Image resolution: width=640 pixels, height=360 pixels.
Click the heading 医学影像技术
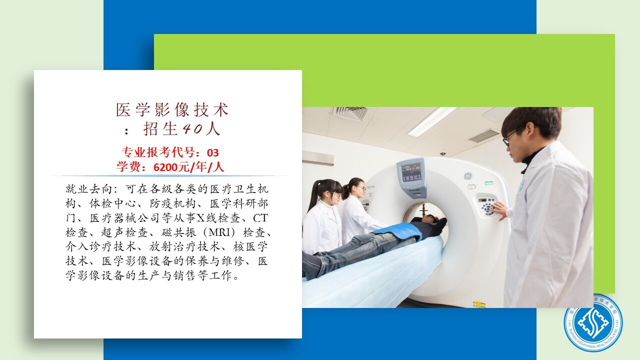point(172,110)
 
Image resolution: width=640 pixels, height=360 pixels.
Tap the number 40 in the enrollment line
point(192,129)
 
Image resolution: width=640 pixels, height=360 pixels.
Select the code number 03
point(213,153)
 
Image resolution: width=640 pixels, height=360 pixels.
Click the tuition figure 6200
point(165,167)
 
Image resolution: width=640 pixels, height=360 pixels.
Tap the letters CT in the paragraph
point(260,218)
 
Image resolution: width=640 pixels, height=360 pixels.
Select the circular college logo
point(593,323)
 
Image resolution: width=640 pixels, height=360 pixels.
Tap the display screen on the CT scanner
point(411,172)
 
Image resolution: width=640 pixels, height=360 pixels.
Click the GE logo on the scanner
point(467,176)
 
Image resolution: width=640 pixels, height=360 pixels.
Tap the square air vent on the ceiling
point(349,113)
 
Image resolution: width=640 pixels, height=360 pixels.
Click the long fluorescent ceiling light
point(432,121)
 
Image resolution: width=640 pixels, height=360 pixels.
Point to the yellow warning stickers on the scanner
point(479,304)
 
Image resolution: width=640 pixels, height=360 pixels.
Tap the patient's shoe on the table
point(311,266)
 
